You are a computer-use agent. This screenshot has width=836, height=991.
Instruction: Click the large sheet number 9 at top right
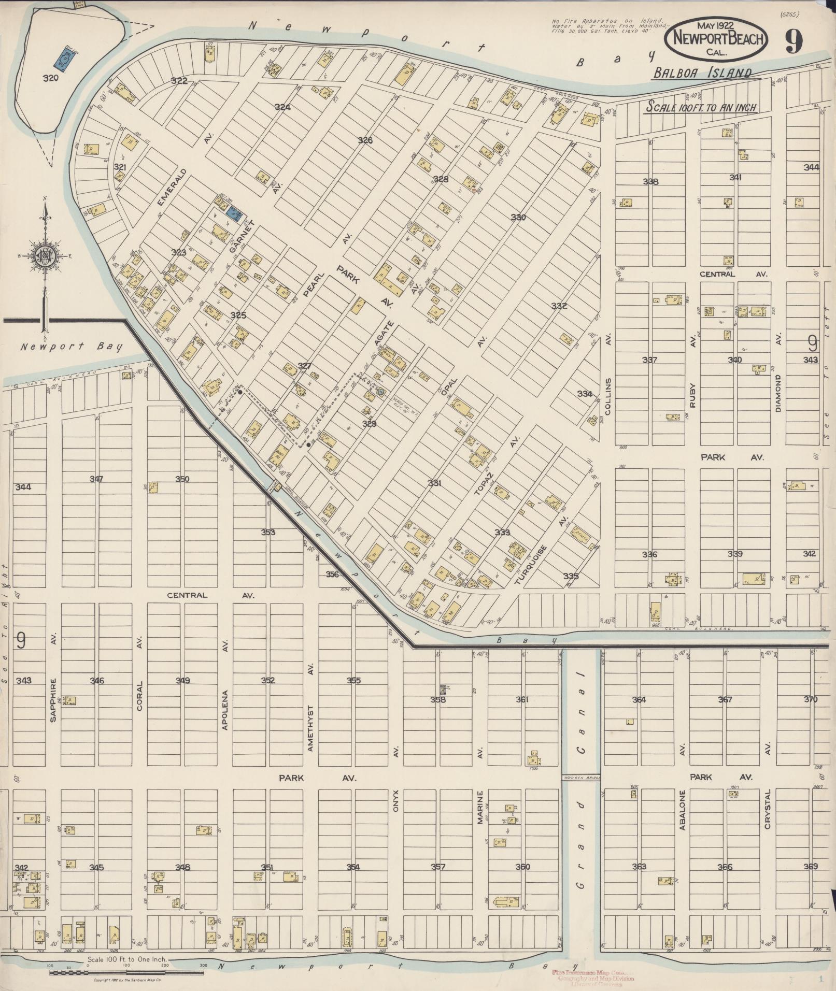[x=793, y=41]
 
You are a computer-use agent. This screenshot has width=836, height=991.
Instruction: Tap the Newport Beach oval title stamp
[x=717, y=37]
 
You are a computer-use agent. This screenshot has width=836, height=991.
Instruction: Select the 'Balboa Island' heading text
[x=702, y=73]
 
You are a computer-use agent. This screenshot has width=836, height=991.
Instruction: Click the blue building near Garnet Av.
[x=235, y=212]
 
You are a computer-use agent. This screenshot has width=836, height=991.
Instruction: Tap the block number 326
[x=365, y=140]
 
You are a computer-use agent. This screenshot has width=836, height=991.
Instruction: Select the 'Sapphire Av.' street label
[x=53, y=692]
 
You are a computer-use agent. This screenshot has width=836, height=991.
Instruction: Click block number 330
[x=518, y=217]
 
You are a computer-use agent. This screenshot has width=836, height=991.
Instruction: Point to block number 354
[x=353, y=867]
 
